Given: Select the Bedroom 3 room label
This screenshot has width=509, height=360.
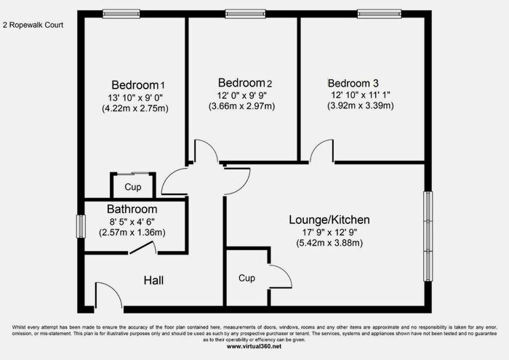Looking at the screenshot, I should click(353, 82).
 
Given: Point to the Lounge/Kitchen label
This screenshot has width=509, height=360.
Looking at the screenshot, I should click(330, 219).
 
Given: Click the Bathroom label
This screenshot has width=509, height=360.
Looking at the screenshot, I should click(132, 209).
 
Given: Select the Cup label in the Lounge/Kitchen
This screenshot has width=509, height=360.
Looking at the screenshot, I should click(246, 278).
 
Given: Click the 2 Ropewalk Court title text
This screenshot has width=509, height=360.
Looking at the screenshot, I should click(34, 25).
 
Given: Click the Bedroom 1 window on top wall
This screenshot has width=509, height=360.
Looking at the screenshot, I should click(121, 12).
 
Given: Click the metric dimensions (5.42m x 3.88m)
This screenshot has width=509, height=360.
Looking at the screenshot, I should click(330, 243).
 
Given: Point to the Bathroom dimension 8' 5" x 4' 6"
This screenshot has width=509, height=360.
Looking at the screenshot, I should click(132, 221).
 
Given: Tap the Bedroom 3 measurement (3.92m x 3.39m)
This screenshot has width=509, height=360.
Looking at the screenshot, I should click(361, 106).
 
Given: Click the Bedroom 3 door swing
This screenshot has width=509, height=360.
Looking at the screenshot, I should click(321, 152).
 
